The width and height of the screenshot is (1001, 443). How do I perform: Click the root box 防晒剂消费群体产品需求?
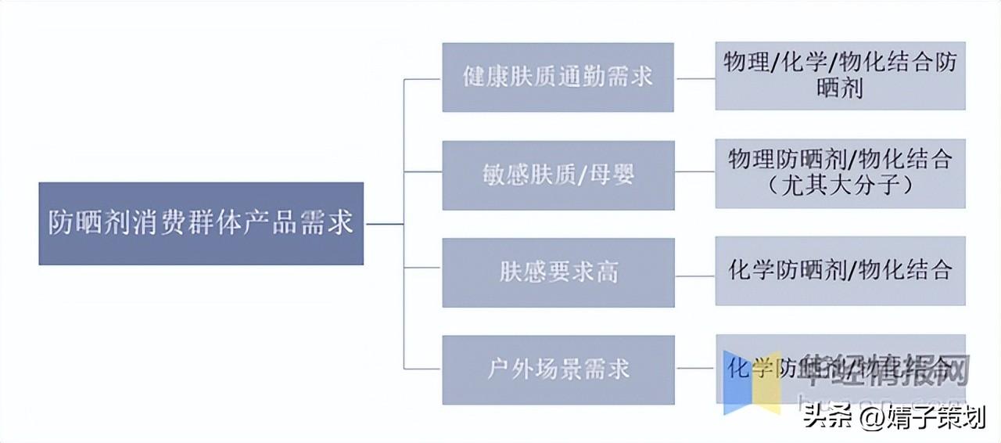pos(201,224)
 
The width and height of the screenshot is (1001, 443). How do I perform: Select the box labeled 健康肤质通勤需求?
pos(558,77)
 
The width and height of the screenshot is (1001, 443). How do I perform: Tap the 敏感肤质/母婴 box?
pos(558,175)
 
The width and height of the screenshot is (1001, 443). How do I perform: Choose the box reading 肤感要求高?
pos(558,272)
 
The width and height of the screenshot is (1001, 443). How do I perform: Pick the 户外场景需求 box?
pos(558,369)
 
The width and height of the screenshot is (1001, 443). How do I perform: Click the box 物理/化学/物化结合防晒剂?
pos(840,76)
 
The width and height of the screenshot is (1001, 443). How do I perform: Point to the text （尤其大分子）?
pos(840,186)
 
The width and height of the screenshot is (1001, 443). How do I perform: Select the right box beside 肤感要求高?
pos(840,272)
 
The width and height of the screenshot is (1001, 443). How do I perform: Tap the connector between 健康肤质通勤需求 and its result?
pos(694,78)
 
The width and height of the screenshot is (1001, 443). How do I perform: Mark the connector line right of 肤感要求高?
pos(694,275)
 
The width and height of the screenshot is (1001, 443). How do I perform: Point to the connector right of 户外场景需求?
pos(694,367)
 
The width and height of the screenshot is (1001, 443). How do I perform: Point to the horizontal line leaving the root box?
pos(384,224)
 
